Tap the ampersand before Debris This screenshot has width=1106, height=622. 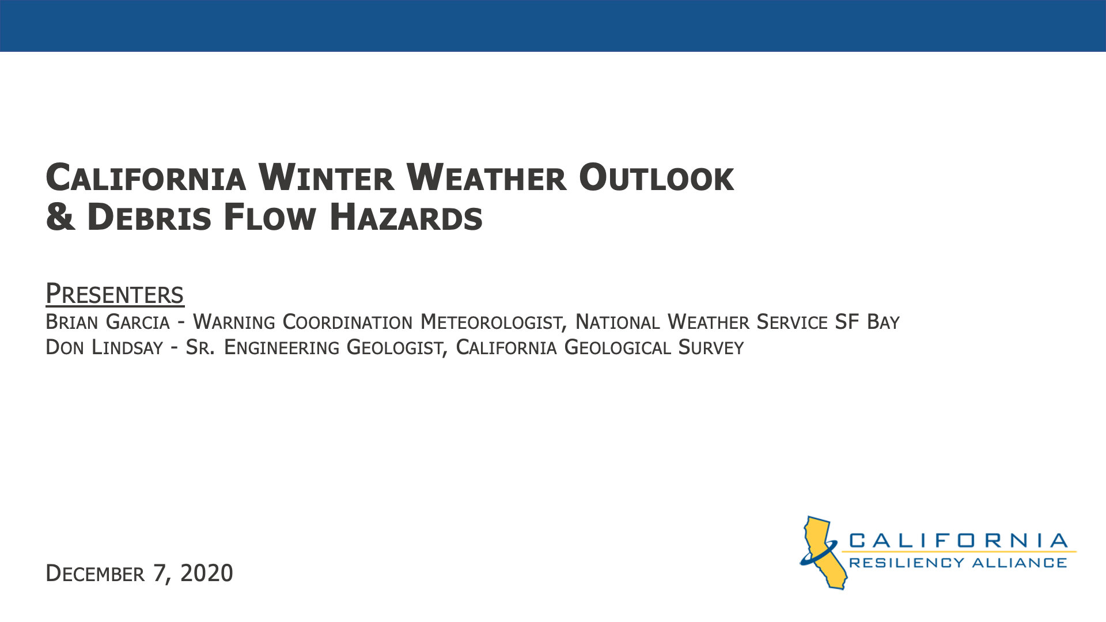60,217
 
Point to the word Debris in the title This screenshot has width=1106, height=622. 149,217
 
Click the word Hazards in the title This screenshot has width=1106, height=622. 406,217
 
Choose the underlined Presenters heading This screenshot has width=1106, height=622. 115,294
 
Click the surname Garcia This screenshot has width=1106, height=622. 138,322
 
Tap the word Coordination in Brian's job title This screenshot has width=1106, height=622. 347,322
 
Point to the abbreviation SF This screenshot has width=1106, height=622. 847,322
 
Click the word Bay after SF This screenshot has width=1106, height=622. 883,322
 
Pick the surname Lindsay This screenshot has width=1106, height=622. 127,347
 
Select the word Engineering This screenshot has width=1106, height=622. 282,347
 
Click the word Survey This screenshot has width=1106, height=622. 711,347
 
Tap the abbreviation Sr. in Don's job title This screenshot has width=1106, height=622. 200,347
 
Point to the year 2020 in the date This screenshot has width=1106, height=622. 207,573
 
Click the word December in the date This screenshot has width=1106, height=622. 95,573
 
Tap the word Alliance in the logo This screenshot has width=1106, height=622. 1020,563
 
